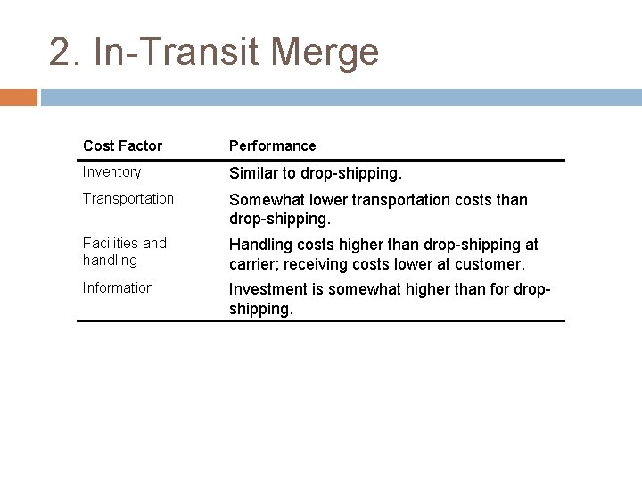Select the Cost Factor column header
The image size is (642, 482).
point(122,145)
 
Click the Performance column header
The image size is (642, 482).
point(272,145)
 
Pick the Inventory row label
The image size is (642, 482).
point(111,171)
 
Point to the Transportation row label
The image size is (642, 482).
point(128,198)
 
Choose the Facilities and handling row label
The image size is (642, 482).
point(124,252)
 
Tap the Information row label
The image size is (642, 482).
point(118,287)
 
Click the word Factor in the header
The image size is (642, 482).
point(143,145)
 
